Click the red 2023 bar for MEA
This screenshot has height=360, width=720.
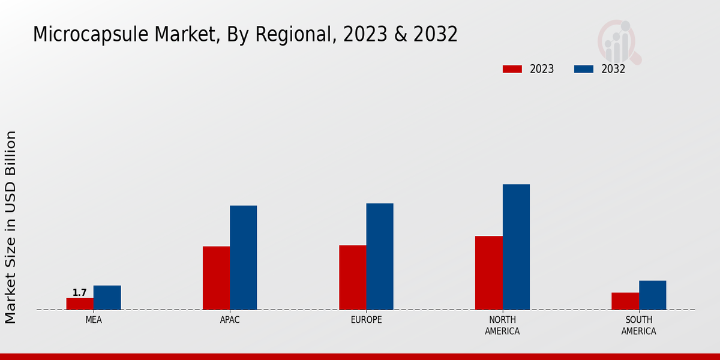pyautogui.click(x=80, y=304)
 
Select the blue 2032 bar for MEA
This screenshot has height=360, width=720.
pyautogui.click(x=107, y=298)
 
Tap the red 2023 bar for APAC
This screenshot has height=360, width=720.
pyautogui.click(x=216, y=278)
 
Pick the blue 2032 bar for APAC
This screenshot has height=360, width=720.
pyautogui.click(x=244, y=257)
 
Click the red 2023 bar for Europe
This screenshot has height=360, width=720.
pyautogui.click(x=352, y=277)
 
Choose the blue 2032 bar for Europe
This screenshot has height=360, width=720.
pyautogui.click(x=380, y=256)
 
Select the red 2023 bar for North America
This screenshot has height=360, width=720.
pyautogui.click(x=488, y=272)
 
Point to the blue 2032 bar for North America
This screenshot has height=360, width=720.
pyautogui.click(x=516, y=247)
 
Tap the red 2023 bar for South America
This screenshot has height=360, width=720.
pyautogui.click(x=625, y=301)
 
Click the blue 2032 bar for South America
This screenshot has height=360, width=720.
pyautogui.click(x=652, y=295)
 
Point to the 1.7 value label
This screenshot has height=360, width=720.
pyautogui.click(x=80, y=293)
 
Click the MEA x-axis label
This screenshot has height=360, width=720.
pyautogui.click(x=94, y=320)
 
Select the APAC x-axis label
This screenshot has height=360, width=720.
pyautogui.click(x=230, y=320)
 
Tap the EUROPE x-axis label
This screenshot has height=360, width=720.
pyautogui.click(x=366, y=320)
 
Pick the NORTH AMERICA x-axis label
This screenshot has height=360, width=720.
pyautogui.click(x=502, y=325)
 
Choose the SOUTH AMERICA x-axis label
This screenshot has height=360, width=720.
pyautogui.click(x=638, y=325)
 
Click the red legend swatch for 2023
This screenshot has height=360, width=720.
pyautogui.click(x=512, y=69)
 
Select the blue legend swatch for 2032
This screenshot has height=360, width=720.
pyautogui.click(x=584, y=69)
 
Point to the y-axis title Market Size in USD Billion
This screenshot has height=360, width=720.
pyautogui.click(x=11, y=227)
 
